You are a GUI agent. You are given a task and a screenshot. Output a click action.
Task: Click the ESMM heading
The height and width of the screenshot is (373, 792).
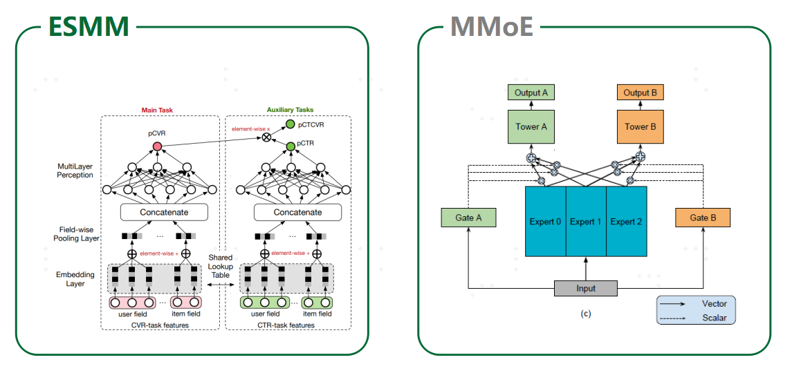coord(89,26)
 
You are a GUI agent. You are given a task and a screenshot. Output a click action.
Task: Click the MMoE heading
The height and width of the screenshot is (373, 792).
coord(491,26)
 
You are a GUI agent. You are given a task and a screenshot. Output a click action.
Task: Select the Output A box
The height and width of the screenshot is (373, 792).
coord(531,93)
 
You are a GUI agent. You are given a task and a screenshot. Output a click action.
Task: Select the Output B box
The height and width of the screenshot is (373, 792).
coord(640,93)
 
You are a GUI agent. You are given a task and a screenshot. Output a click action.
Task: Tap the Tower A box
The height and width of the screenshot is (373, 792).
coord(531,126)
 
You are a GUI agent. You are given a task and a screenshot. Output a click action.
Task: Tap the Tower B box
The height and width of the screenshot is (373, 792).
coord(640,126)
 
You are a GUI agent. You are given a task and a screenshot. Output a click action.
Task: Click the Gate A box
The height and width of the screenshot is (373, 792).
coord(468,218)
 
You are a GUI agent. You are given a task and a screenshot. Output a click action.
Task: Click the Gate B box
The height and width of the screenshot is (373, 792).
coord(702,218)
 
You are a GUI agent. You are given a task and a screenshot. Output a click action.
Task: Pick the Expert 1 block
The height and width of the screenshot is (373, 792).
coord(586,222)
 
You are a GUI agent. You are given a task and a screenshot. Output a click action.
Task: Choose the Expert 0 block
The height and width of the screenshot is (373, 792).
coord(546,222)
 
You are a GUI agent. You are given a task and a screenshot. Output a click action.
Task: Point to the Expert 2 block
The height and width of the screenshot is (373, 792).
coord(627,222)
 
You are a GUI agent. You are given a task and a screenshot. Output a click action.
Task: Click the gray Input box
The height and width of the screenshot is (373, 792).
coord(585,288)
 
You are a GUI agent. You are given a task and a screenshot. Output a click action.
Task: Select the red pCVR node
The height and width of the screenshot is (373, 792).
coord(157,146)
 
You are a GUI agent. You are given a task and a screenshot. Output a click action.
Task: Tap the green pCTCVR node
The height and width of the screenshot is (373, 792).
coord(290,124)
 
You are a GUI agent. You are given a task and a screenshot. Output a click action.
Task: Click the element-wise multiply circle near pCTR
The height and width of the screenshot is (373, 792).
coord(266,137)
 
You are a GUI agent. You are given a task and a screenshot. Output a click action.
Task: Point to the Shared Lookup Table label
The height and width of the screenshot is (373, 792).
coord(221,266)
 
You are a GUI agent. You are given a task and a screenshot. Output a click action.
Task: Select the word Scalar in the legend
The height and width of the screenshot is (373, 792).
coord(715,318)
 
